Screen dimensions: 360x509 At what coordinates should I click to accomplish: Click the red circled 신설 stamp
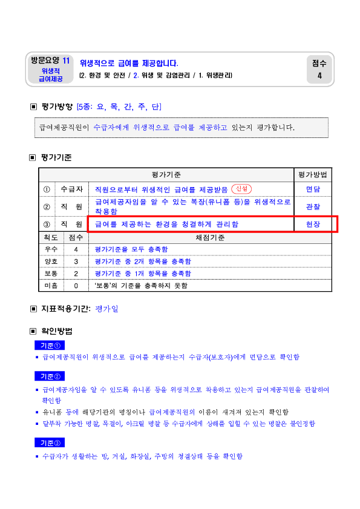coord(241,189)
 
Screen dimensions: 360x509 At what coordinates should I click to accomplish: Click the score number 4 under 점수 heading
coord(319,76)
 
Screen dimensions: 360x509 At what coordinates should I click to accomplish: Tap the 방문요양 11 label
coord(50,61)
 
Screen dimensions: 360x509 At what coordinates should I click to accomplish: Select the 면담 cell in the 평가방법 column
coord(313,189)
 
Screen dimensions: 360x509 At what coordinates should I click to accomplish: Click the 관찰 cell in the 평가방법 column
coord(313,207)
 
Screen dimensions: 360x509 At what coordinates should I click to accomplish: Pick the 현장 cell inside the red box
coord(313,225)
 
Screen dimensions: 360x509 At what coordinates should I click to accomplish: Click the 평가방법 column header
coord(313,175)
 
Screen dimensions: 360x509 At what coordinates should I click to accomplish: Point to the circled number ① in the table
coord(47,189)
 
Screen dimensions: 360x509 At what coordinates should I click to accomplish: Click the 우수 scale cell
coord(51,249)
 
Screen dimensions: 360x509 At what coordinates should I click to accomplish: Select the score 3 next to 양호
coord(76,261)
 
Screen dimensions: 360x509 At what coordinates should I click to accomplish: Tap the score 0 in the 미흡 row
coord(76,286)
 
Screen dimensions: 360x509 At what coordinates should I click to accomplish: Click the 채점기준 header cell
coord(210,238)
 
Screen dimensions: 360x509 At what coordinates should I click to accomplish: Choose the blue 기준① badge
coord(50,346)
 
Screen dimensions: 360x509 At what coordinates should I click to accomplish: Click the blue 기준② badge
coord(50,376)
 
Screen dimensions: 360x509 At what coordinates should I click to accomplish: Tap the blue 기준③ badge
coord(50,443)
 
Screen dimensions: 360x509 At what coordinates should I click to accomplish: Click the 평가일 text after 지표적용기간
coord(107,309)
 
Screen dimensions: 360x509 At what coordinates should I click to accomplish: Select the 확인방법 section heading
coord(57,331)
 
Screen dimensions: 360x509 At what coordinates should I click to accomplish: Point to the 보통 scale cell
coord(51,274)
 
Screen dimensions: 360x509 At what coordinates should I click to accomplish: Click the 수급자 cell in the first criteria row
coord(72,189)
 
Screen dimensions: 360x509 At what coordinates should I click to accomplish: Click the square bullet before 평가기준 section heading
coord(33,158)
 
